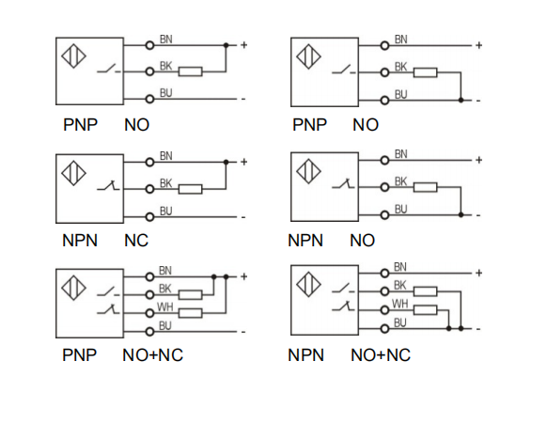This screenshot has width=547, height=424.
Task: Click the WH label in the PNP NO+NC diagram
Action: pyautogui.click(x=165, y=306)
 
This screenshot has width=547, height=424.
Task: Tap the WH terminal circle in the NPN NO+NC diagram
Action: pyautogui.click(x=384, y=310)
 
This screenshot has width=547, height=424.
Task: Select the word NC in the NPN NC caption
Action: pyautogui.click(x=136, y=241)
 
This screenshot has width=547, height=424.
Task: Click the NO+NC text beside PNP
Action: pyautogui.click(x=152, y=355)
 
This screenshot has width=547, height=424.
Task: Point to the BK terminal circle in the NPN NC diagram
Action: pyautogui.click(x=149, y=189)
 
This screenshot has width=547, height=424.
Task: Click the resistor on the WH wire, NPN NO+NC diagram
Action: pyautogui.click(x=425, y=310)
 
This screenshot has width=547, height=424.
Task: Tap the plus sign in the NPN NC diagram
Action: pyautogui.click(x=243, y=162)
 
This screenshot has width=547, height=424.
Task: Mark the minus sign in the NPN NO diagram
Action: pyautogui.click(x=478, y=215)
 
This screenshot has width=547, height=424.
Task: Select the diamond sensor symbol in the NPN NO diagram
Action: pyautogui.click(x=308, y=171)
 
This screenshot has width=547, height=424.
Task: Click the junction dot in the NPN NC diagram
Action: pyautogui.click(x=226, y=163)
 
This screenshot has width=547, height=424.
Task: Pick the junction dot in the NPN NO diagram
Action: pyautogui.click(x=461, y=215)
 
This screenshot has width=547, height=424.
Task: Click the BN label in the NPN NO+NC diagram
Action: pyautogui.click(x=400, y=267)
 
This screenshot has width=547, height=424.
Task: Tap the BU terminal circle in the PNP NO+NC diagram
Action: pyautogui.click(x=149, y=332)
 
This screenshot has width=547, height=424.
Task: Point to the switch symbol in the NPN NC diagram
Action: pyautogui.click(x=108, y=185)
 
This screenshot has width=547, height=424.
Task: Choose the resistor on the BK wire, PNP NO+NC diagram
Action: pyautogui.click(x=190, y=295)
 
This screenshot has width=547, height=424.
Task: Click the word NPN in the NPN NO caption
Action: pyautogui.click(x=305, y=241)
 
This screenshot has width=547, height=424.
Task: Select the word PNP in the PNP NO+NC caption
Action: pyautogui.click(x=79, y=355)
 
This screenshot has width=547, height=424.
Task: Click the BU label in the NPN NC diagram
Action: pyautogui.click(x=166, y=212)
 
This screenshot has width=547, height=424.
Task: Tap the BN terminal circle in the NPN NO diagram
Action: pyautogui.click(x=384, y=160)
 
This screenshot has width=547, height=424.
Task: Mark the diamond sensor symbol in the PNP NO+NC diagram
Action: pyautogui.click(x=73, y=288)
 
